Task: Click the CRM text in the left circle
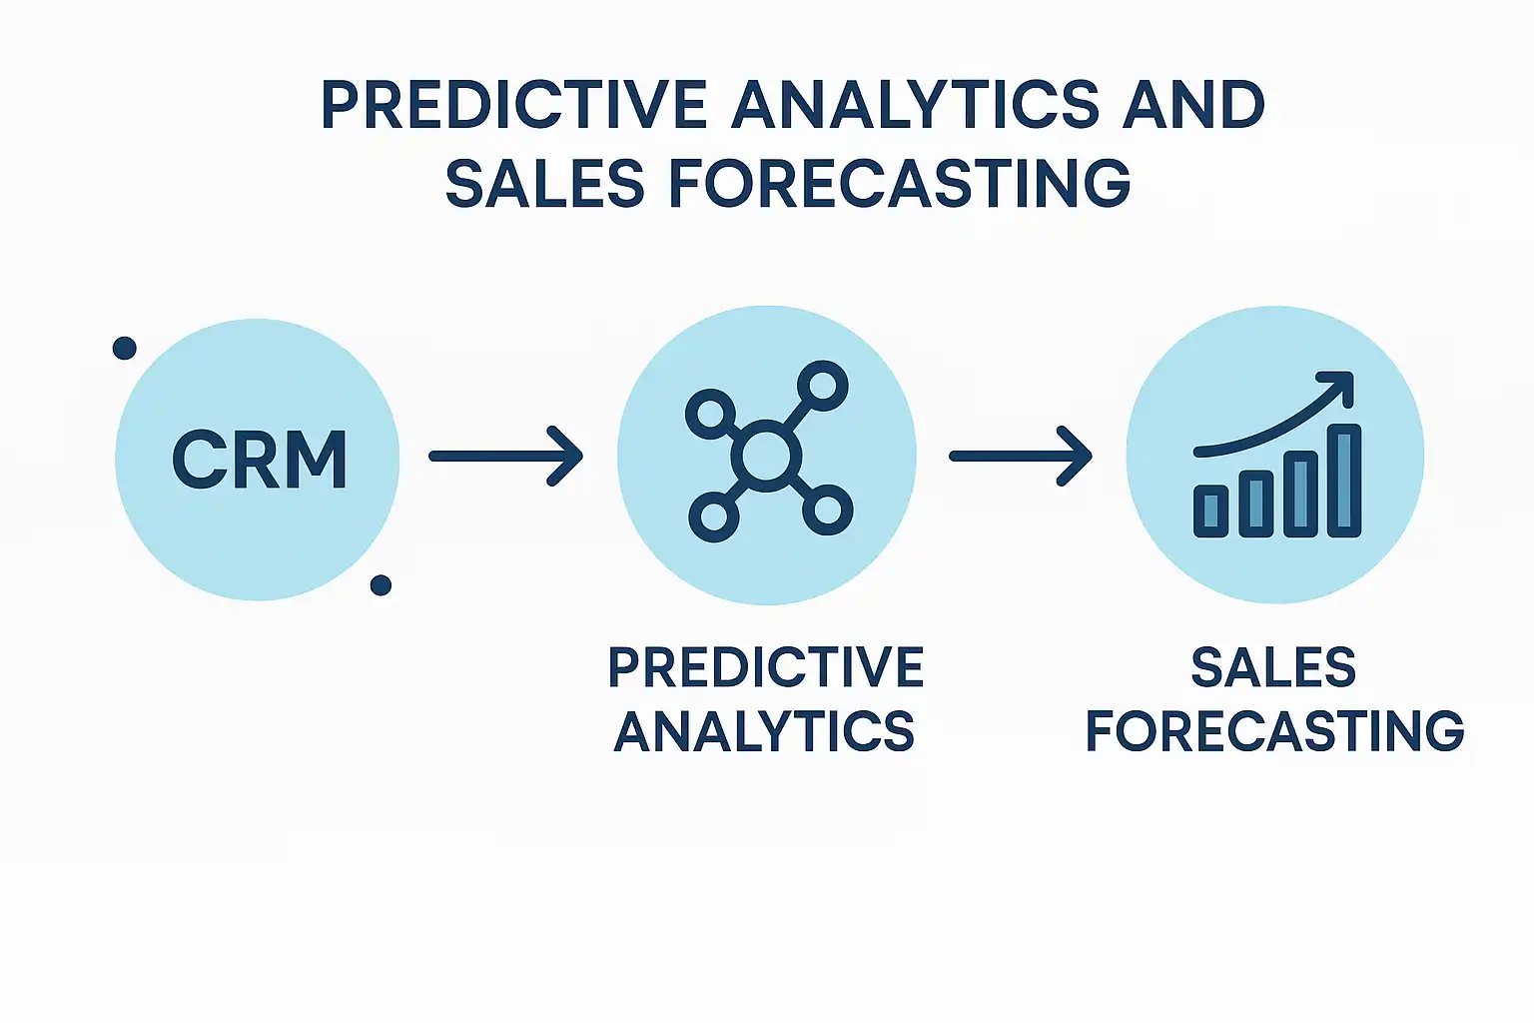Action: click(x=259, y=460)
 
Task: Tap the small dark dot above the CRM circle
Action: click(x=124, y=348)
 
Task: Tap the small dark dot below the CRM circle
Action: click(x=381, y=585)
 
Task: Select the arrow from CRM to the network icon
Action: click(x=505, y=457)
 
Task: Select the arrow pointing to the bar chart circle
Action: click(x=1021, y=457)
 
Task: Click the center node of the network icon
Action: click(x=766, y=457)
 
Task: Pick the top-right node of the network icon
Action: click(x=823, y=386)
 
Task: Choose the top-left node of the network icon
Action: click(x=711, y=414)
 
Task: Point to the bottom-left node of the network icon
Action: click(x=714, y=516)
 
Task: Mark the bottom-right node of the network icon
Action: click(x=827, y=510)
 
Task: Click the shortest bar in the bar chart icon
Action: click(x=1210, y=511)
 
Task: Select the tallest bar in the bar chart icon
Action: click(x=1344, y=481)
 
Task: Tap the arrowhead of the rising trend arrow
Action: click(x=1339, y=387)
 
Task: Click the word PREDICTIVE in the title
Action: click(x=514, y=105)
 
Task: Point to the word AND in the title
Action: click(x=1193, y=105)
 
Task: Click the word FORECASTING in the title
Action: click(x=900, y=183)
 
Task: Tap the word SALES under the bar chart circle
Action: click(x=1273, y=667)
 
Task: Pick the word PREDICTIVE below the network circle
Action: click(x=766, y=667)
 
